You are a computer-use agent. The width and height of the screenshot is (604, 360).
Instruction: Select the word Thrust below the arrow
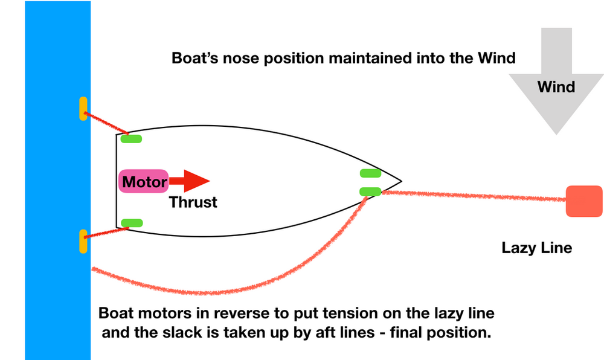[193, 202]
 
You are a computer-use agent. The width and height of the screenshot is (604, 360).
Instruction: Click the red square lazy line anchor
[584, 202]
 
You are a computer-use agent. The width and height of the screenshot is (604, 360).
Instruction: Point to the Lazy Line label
[536, 248]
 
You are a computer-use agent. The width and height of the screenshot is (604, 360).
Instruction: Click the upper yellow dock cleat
[83, 109]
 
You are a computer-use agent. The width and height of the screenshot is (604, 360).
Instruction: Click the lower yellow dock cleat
[83, 241]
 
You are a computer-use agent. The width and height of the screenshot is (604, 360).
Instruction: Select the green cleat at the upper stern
[131, 140]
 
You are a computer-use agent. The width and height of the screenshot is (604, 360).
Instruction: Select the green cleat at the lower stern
[131, 223]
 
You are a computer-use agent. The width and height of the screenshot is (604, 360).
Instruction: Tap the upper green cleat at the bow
[370, 173]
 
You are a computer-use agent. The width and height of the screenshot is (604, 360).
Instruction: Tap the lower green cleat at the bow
[370, 191]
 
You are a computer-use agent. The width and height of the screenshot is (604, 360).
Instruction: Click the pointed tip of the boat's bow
[400, 181]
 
